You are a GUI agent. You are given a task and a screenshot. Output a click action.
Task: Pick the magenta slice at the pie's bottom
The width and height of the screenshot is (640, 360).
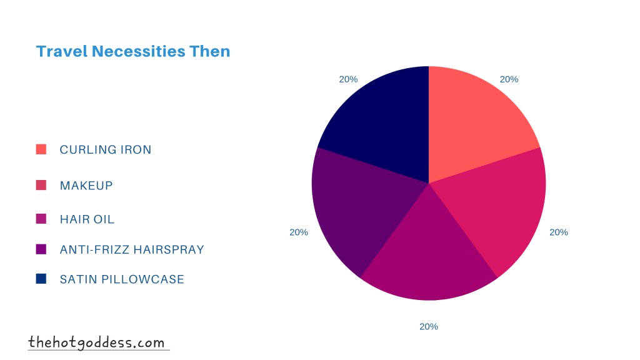coord(429,256)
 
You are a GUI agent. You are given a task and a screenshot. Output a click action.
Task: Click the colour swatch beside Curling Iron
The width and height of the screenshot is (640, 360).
coord(41,149)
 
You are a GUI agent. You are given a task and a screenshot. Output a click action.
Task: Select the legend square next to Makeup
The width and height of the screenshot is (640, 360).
coord(41,185)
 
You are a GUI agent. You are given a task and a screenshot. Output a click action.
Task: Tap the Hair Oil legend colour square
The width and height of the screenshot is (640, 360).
coord(41,219)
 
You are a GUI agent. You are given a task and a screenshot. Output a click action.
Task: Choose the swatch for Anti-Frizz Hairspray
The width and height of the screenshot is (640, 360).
coord(41,249)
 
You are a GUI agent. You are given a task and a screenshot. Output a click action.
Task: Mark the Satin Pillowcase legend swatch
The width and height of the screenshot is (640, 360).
coord(41,279)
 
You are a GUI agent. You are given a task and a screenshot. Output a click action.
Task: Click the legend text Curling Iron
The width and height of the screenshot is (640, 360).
coord(106,150)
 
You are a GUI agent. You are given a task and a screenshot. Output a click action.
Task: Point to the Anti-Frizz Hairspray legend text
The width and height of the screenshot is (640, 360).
coord(132,250)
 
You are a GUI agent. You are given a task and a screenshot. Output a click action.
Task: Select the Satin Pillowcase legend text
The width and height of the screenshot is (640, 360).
coord(122,279)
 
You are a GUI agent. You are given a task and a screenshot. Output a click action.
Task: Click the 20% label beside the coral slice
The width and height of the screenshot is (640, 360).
coord(509,79)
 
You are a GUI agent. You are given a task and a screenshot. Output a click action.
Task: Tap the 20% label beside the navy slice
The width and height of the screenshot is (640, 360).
coord(348,79)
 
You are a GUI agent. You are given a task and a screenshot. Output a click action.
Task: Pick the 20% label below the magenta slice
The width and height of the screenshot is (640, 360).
coord(429,326)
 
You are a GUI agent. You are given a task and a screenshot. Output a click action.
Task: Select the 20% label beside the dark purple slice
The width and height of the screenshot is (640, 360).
coord(299,232)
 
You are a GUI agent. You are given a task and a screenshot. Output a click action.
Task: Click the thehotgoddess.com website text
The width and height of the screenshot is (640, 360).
coord(97,342)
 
